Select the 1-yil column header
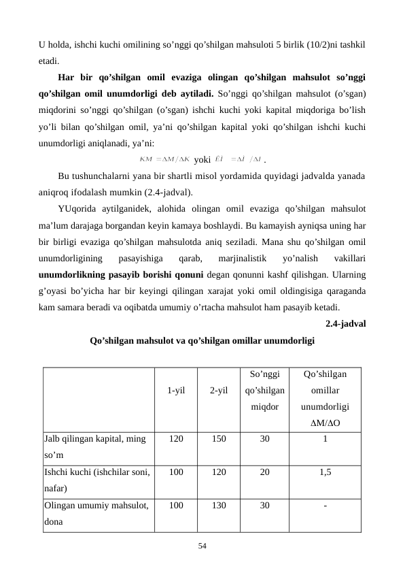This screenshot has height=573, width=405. click(x=176, y=391)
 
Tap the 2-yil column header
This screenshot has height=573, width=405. click(x=218, y=391)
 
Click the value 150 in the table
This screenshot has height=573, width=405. click(x=218, y=439)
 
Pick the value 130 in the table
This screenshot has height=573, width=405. click(x=218, y=506)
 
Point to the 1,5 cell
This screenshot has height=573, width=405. click(x=325, y=472)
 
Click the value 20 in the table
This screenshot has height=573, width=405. click(x=264, y=472)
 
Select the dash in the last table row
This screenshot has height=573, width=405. click(x=325, y=506)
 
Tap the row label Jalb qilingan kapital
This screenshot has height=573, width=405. click(x=94, y=440)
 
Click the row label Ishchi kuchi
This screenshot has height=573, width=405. click(x=96, y=472)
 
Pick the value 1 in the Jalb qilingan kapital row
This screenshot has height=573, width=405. click(x=325, y=439)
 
